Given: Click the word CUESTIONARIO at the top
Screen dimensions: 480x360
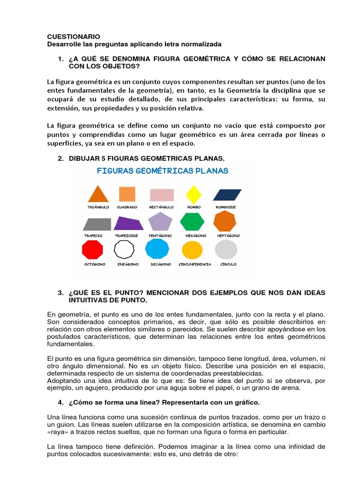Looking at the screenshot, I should [x=74, y=36].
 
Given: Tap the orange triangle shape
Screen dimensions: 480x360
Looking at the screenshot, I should [x=98, y=194].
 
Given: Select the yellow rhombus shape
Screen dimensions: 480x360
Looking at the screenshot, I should [x=194, y=194].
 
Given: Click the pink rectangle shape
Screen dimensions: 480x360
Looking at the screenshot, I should [x=162, y=194].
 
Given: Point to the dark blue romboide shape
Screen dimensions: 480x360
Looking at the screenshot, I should [x=227, y=194].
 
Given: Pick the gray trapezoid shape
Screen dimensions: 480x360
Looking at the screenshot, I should [x=97, y=224].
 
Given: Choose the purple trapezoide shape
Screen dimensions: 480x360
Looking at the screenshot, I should [x=128, y=223].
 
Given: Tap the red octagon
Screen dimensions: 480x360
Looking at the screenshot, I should [x=92, y=249].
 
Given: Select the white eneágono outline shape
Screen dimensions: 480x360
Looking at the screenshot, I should [x=125, y=249].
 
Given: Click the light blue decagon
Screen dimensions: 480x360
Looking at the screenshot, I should [x=157, y=248].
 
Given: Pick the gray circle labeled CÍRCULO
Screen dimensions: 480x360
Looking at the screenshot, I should [x=226, y=249].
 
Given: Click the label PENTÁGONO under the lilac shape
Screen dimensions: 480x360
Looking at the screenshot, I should [x=160, y=235].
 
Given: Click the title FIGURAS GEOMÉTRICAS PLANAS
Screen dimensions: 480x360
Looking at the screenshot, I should [x=162, y=171].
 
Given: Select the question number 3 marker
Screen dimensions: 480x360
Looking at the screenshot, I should [x=60, y=293].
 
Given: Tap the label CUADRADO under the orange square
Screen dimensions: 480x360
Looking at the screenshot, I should [x=127, y=207].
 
